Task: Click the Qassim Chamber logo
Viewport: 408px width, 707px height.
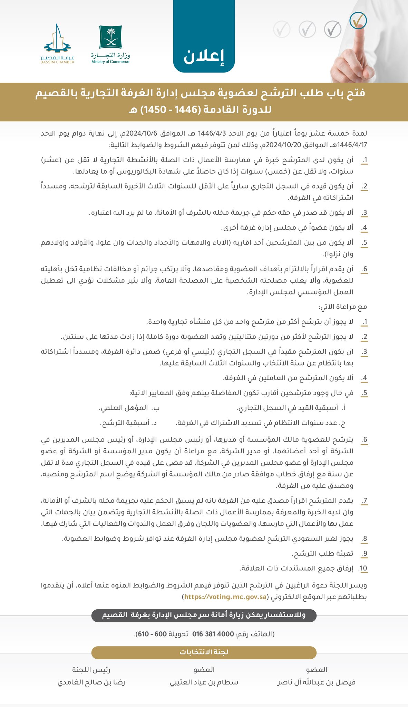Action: click(59, 44)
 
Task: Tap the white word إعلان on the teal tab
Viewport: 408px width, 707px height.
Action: click(204, 57)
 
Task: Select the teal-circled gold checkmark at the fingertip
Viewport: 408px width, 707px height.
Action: click(358, 21)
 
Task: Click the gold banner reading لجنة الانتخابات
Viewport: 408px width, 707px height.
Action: click(204, 652)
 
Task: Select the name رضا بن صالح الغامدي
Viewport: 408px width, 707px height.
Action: click(91, 682)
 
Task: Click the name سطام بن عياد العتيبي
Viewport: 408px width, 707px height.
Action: click(204, 682)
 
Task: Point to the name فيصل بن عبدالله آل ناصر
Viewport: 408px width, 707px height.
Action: click(316, 682)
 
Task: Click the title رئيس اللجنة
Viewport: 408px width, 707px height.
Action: click(91, 669)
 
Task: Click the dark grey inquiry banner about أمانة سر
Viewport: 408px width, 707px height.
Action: click(204, 615)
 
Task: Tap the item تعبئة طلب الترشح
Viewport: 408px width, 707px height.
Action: click(322, 553)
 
